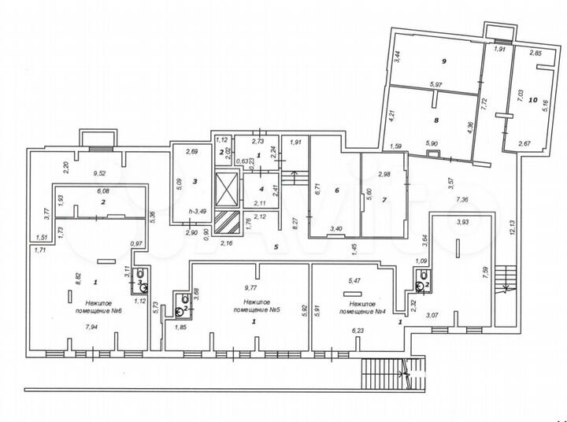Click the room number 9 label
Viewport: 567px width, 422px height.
pos(444,61)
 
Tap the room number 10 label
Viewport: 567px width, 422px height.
pos(535,100)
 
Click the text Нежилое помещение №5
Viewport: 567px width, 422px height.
pos(254,305)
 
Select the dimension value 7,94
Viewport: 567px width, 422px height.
pos(91,328)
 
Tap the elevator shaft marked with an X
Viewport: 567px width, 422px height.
pos(227,188)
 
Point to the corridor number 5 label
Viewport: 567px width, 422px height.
pos(276,246)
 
